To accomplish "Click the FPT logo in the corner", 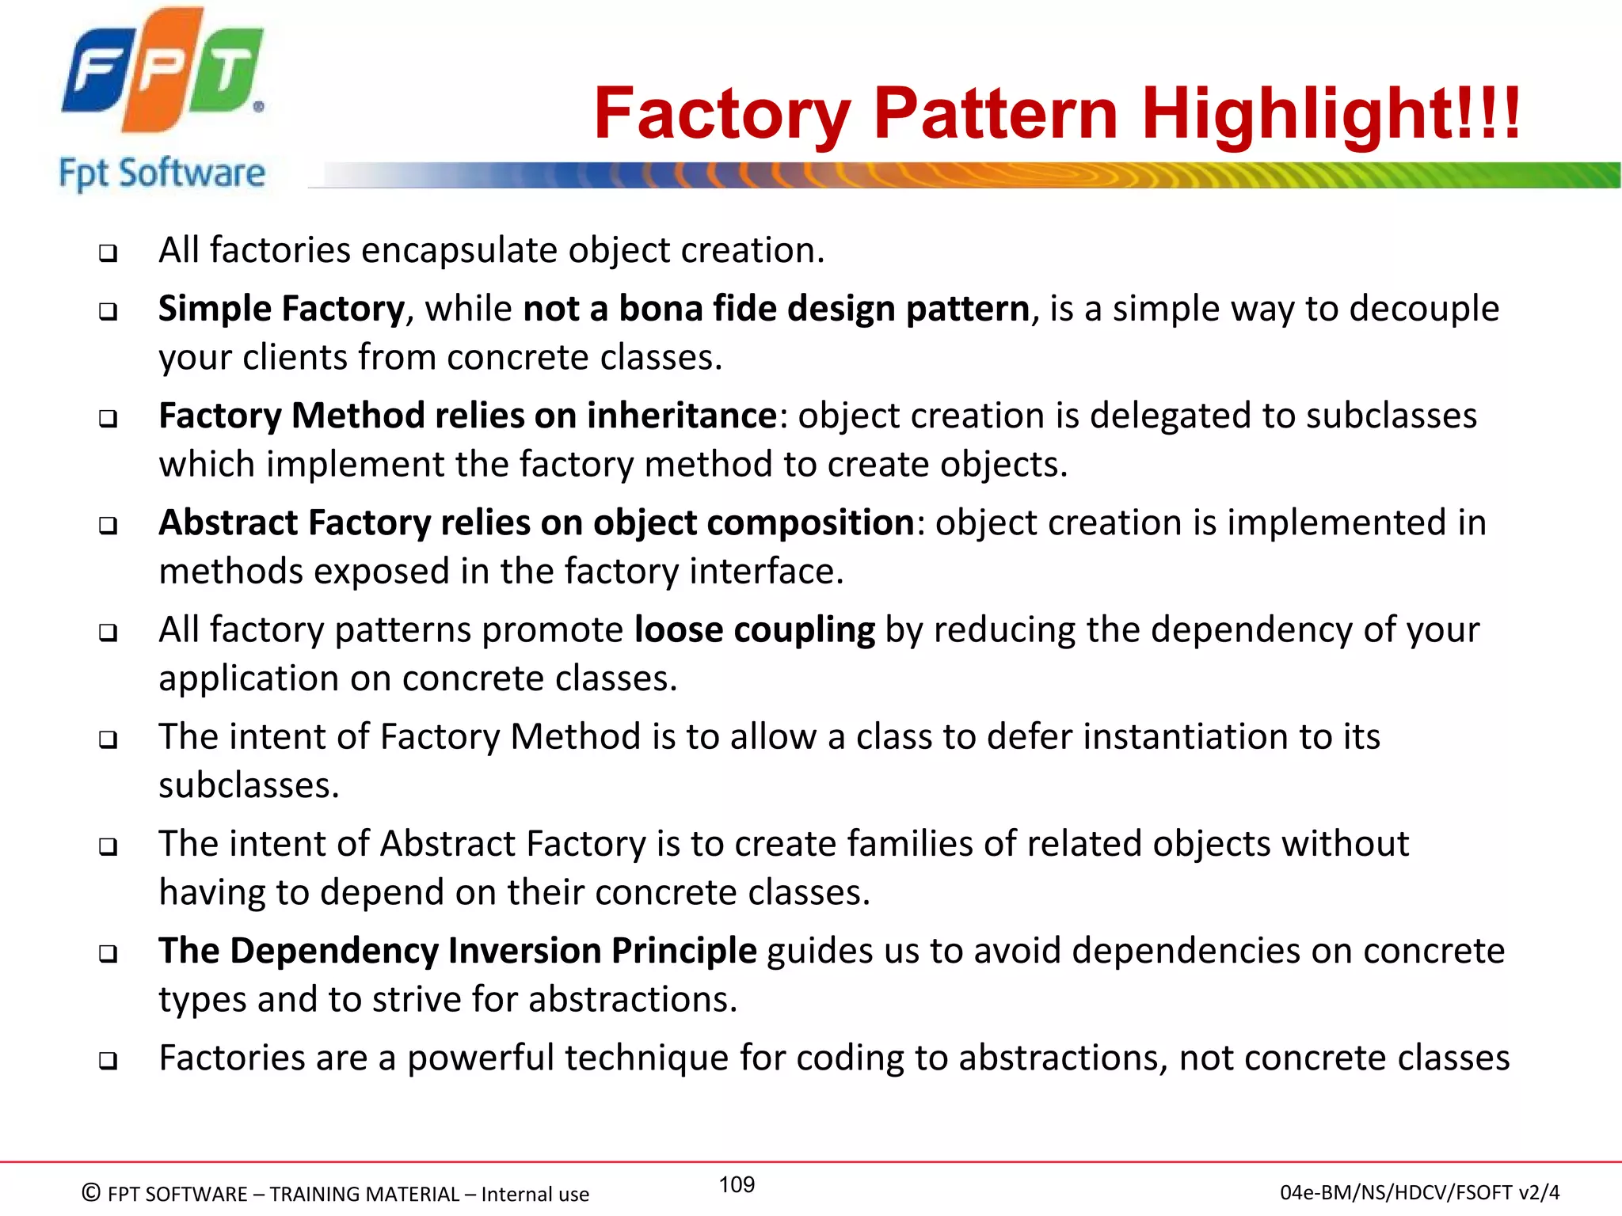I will [162, 71].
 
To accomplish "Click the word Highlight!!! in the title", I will [1331, 115].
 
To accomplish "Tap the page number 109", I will [737, 1184].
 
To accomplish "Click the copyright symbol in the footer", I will [91, 1192].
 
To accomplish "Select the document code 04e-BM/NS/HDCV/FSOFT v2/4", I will [1419, 1192].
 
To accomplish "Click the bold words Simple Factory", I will [281, 309].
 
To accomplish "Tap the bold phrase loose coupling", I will [755, 630].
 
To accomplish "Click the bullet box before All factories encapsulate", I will [108, 253].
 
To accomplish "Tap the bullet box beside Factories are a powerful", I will [108, 1061].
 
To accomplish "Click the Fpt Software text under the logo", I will [162, 173].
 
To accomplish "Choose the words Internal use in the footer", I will [535, 1194].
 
